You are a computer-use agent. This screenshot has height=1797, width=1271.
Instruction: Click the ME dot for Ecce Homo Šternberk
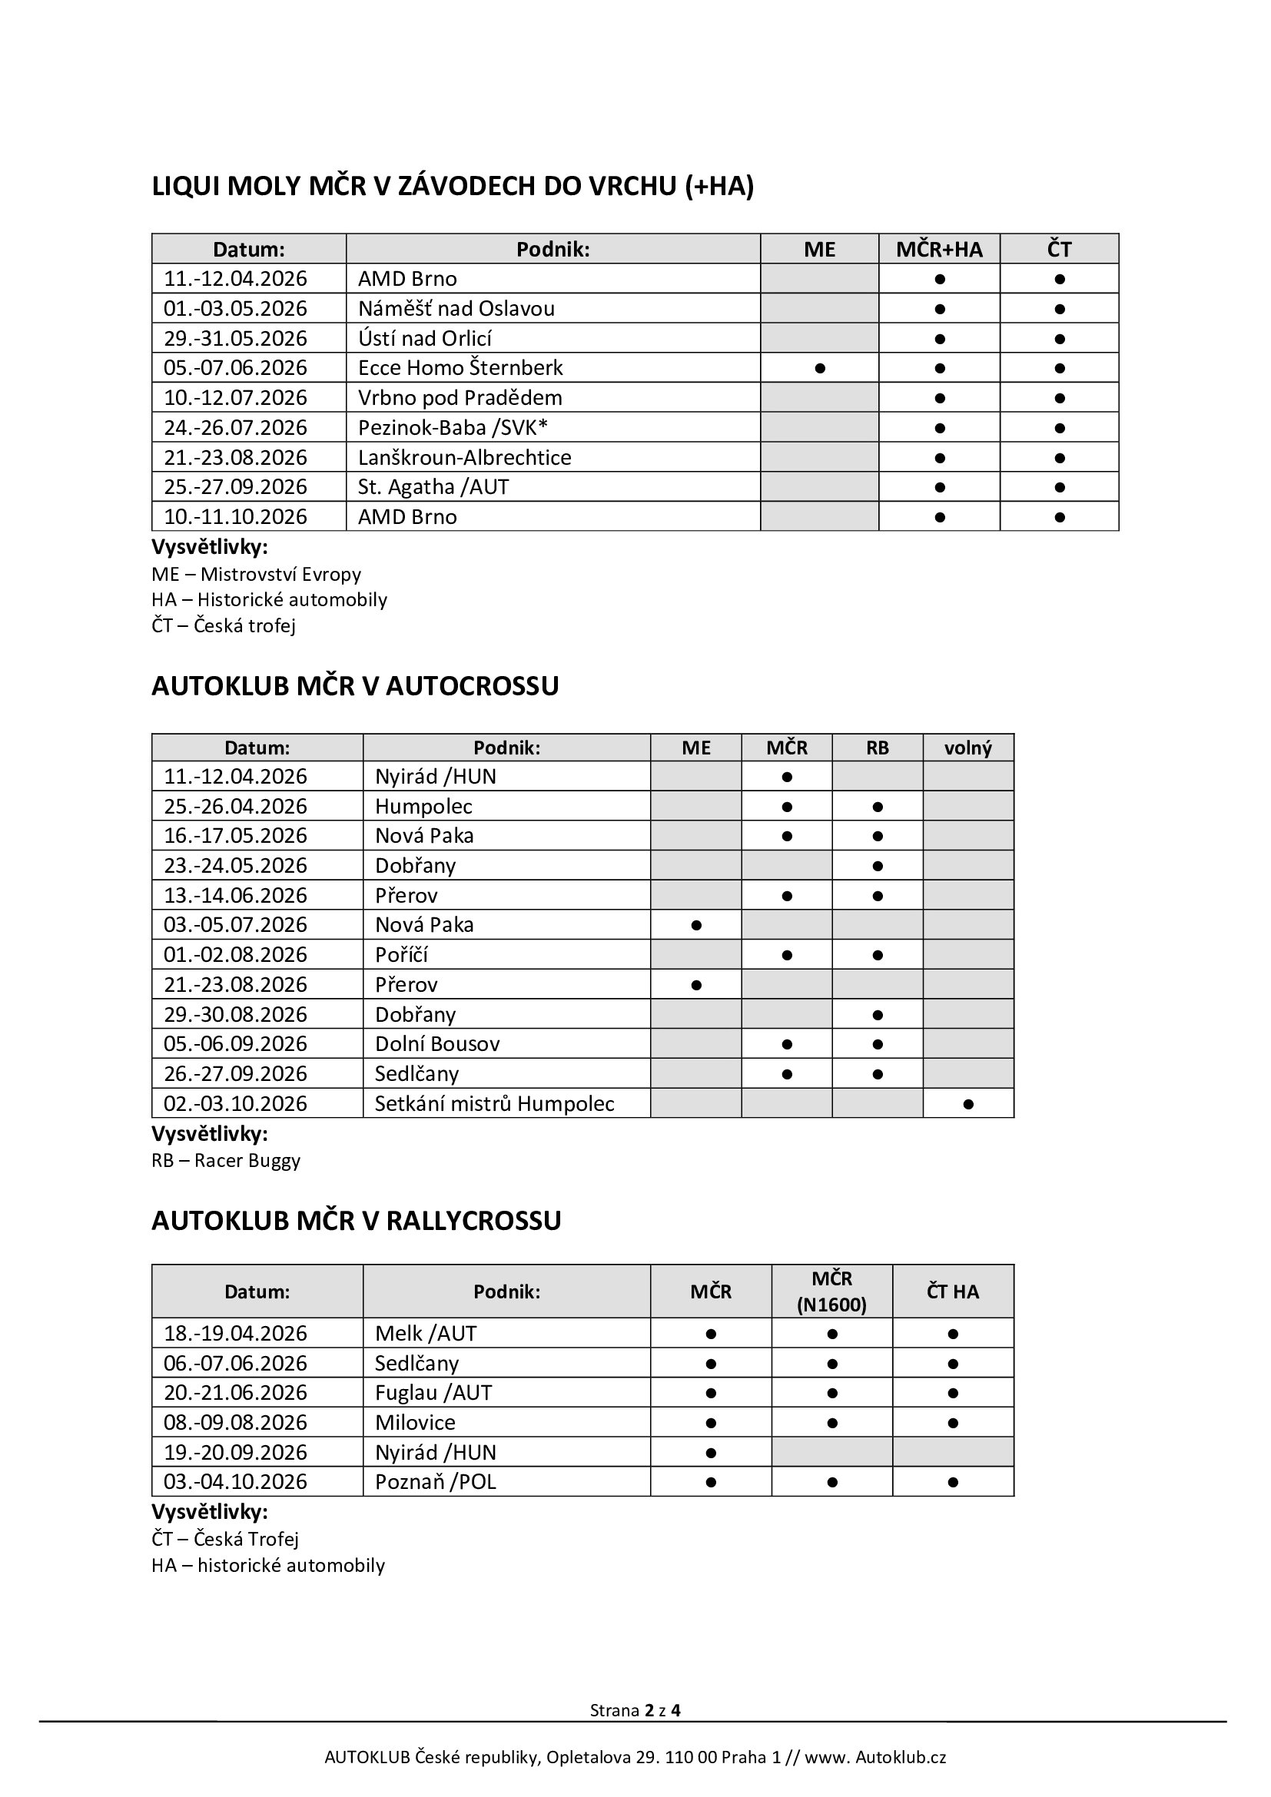pyautogui.click(x=819, y=368)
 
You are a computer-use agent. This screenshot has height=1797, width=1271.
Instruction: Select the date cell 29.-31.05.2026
pyautogui.click(x=235, y=338)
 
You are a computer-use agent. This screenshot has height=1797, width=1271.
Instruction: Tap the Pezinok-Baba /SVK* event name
pyautogui.click(x=453, y=427)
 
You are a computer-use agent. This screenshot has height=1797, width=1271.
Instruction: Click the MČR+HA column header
pyautogui.click(x=939, y=249)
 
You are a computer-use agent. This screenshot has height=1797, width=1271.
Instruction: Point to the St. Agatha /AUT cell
pyautogui.click(x=433, y=487)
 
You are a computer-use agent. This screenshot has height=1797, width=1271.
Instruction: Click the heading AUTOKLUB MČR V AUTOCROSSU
pyautogui.click(x=355, y=685)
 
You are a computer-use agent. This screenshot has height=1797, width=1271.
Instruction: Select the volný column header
pyautogui.click(x=968, y=748)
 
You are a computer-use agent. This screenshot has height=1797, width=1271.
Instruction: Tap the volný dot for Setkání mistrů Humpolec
pyautogui.click(x=968, y=1103)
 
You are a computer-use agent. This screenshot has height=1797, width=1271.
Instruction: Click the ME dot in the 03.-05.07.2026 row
pyautogui.click(x=695, y=925)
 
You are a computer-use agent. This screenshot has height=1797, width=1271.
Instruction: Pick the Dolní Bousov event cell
pyautogui.click(x=436, y=1043)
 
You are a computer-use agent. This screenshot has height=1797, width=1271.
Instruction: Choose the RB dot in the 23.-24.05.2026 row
pyautogui.click(x=878, y=866)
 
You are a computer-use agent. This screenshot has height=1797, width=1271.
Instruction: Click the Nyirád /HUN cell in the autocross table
pyautogui.click(x=435, y=777)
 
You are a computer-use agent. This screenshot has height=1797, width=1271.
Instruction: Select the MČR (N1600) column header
pyautogui.click(x=831, y=1291)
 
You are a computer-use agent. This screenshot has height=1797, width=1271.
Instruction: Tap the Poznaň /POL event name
pyautogui.click(x=435, y=1481)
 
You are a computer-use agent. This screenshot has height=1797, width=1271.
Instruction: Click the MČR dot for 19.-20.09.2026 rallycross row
pyautogui.click(x=711, y=1453)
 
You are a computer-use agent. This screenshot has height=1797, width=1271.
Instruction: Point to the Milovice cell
pyautogui.click(x=415, y=1422)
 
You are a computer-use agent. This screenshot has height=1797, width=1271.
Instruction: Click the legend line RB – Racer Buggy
pyautogui.click(x=226, y=1160)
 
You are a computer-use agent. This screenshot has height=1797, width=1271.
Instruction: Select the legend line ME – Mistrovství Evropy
pyautogui.click(x=257, y=574)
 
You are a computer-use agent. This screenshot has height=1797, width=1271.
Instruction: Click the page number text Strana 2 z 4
pyautogui.click(x=635, y=1710)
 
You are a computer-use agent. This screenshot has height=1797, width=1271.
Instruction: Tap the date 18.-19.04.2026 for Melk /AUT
pyautogui.click(x=235, y=1333)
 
